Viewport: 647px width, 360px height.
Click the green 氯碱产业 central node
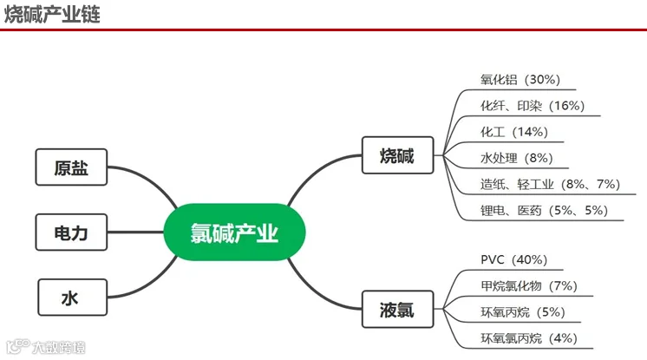234,232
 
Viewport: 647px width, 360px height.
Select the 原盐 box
71,167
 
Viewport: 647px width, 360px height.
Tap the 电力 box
71,232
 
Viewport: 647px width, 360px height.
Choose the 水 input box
73,298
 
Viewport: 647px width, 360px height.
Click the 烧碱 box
398,155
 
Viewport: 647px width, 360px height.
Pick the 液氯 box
398,309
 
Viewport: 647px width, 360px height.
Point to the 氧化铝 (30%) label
520,79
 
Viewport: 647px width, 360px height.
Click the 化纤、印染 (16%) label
533,106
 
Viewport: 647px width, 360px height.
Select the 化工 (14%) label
514,132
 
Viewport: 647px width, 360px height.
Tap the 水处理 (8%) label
517,158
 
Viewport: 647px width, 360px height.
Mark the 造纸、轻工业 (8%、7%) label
550,184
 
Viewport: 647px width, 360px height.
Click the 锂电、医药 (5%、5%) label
544,211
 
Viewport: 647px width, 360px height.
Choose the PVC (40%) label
513,259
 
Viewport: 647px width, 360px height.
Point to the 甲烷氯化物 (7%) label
529,285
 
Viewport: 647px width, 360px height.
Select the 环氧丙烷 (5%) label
523,312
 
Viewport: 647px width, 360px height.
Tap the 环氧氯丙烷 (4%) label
529,338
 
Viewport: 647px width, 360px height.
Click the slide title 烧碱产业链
52,14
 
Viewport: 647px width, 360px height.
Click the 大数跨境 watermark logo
46,347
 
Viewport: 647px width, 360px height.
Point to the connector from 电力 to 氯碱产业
136,232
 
